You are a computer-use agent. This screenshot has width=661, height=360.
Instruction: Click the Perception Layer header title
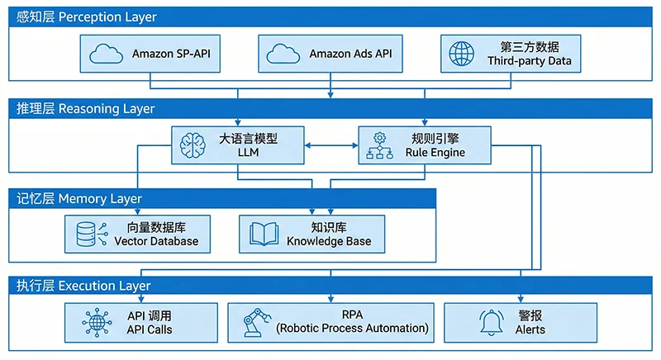coord(86,17)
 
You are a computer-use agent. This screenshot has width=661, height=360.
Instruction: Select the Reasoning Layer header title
coord(85,109)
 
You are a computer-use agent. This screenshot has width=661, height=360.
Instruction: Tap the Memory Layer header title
coord(78,199)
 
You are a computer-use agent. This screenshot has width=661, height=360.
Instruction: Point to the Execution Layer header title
coord(83,286)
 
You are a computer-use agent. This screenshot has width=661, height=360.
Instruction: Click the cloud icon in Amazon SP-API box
coord(107,54)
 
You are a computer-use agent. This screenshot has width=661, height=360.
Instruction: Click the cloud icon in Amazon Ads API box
coord(284,54)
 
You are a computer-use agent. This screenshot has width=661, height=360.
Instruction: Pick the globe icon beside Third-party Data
coord(461,54)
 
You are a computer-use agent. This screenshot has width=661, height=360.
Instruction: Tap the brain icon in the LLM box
coord(193,146)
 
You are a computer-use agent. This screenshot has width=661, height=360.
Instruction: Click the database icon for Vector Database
coord(87,234)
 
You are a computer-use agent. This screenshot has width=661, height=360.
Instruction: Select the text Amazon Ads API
coord(350,54)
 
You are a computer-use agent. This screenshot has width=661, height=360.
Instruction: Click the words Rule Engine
coord(435,153)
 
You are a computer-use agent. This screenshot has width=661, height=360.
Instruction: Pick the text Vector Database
coord(156,241)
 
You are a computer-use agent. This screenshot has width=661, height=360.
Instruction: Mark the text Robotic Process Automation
coord(353,329)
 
